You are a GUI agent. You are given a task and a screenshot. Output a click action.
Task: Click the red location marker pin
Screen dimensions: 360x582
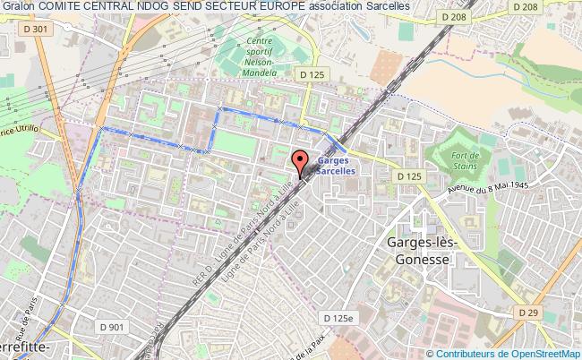click(x=300, y=162)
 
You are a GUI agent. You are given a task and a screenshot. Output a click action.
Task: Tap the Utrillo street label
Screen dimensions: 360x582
click(x=16, y=132)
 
